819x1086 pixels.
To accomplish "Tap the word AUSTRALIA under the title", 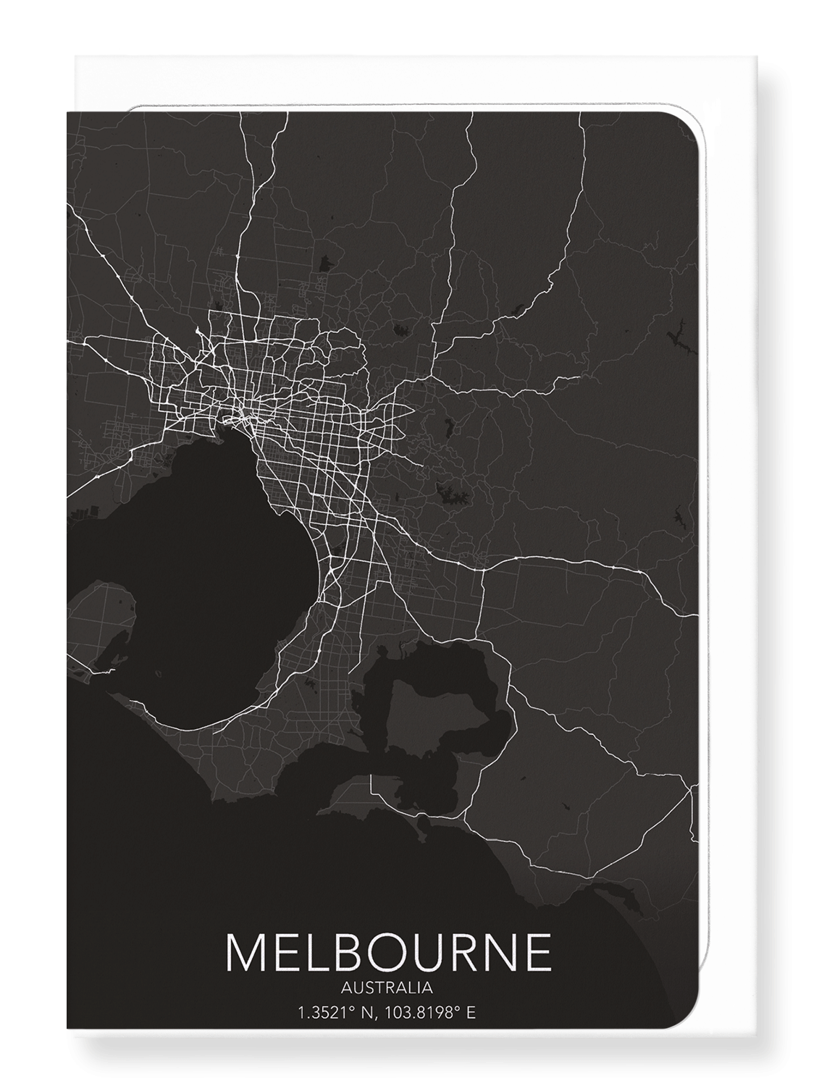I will pos(389,987).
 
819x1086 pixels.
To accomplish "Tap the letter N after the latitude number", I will pos(366,1013).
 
